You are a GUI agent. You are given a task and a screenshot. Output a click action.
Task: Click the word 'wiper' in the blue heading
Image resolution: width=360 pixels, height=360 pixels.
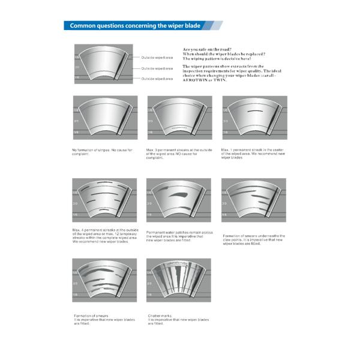pyautogui.click(x=170, y=26)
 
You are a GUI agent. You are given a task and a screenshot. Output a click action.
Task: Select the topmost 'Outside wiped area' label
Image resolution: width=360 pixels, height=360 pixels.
pyautogui.click(x=157, y=58)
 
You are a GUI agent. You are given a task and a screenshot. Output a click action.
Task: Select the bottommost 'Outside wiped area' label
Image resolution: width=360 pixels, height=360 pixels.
pyautogui.click(x=157, y=79)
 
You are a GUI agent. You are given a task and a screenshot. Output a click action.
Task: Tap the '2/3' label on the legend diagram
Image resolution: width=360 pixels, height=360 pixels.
pyautogui.click(x=77, y=68)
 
